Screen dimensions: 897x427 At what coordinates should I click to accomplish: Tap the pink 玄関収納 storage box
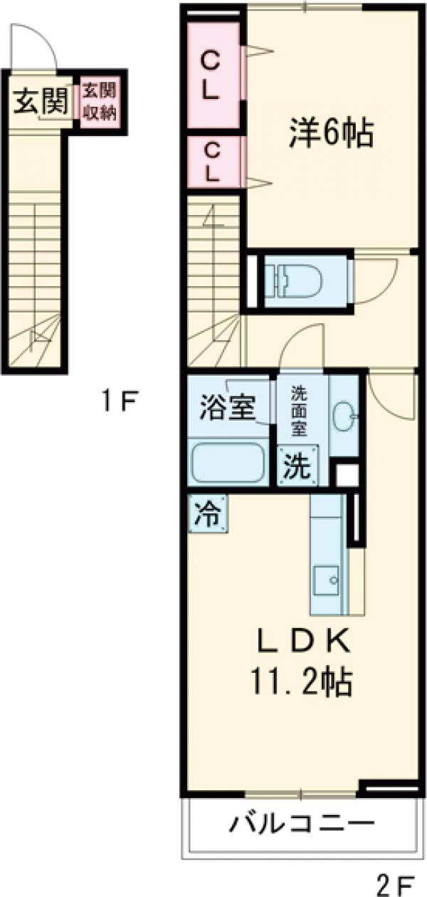tap(99, 102)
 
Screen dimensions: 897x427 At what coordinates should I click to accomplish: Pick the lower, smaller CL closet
tap(211, 162)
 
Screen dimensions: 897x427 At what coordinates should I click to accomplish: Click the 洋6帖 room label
tap(330, 132)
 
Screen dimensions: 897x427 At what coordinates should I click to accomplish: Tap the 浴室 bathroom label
tap(228, 409)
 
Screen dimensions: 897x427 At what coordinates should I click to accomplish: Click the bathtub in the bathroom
tap(227, 462)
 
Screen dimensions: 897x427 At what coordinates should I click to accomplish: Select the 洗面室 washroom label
tap(300, 411)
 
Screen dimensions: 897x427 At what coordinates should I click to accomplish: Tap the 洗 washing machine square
tap(297, 467)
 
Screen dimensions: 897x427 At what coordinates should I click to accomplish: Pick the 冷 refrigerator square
tap(209, 513)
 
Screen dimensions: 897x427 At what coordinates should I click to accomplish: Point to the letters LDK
tap(302, 642)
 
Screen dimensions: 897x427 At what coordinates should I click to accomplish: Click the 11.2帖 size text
tap(301, 681)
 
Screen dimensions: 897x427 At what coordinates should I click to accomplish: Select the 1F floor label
tap(117, 402)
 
